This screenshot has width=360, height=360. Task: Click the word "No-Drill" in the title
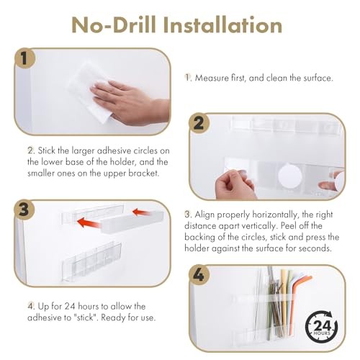point(114,25)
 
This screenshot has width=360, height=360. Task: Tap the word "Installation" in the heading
point(222,25)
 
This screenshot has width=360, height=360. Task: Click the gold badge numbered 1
point(24,58)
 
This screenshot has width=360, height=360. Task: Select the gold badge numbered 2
point(199,123)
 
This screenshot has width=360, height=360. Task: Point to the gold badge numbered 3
point(24,210)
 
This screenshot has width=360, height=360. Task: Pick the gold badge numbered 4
point(199,275)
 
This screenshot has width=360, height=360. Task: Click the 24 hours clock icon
point(321,326)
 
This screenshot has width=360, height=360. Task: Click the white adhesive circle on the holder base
point(289,175)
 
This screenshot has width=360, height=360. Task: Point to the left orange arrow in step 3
point(88,222)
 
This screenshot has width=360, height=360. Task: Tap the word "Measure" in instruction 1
point(212,78)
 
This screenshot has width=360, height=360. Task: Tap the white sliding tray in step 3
point(132,222)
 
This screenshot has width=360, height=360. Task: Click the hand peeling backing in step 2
point(235,184)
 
